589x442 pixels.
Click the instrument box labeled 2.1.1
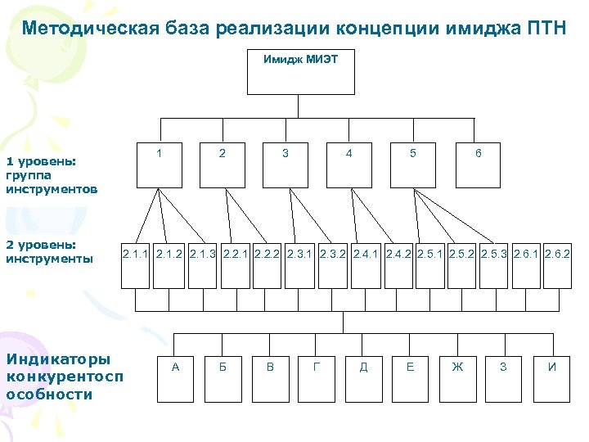pyautogui.click(x=136, y=266)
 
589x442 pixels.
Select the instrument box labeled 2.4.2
pyautogui.click(x=399, y=266)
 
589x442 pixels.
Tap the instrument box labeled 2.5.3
pyautogui.click(x=493, y=266)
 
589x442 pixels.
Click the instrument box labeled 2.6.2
pyautogui.click(x=557, y=266)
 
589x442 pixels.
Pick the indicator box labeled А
pyautogui.click(x=176, y=378)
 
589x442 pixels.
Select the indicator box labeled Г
pyautogui.click(x=317, y=378)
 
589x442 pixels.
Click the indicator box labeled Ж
pyautogui.click(x=457, y=378)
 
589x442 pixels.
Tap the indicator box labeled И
pyautogui.click(x=552, y=378)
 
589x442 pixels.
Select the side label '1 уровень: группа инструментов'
pyautogui.click(x=52, y=175)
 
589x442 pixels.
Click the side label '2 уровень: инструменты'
pyautogui.click(x=52, y=252)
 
